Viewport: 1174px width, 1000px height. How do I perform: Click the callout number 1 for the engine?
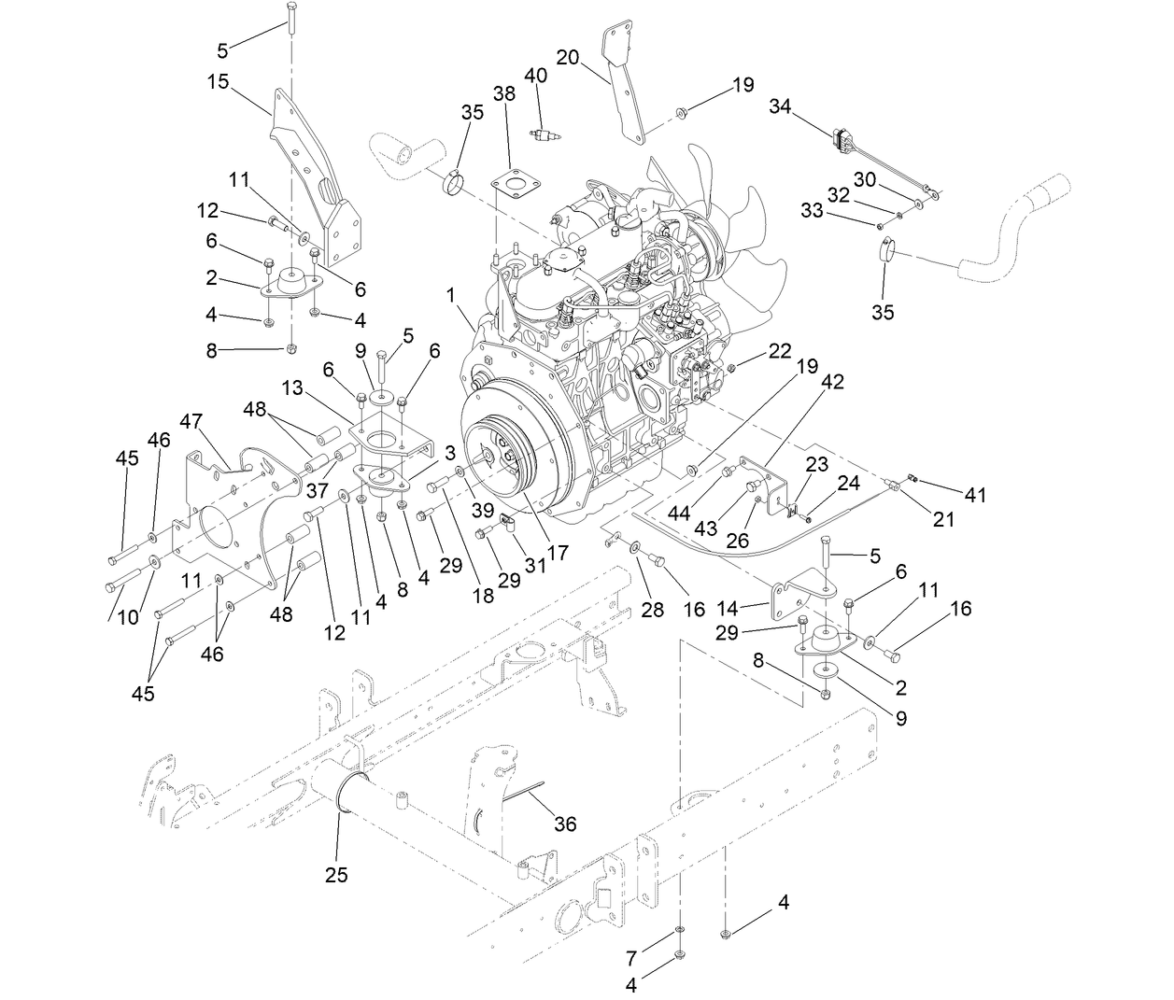pos(453,295)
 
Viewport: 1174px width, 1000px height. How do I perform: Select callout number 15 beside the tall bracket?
pos(218,81)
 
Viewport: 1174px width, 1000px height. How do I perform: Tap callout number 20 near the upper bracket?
pos(568,57)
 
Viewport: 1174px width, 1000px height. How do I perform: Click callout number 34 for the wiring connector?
pos(780,107)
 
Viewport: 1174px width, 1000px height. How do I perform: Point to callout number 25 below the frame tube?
pos(336,875)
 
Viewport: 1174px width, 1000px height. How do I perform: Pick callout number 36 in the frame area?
pos(565,824)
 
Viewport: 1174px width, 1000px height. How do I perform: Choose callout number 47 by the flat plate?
pos(191,421)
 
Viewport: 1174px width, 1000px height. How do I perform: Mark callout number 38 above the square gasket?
pos(504,93)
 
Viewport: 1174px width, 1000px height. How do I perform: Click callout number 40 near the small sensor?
pos(535,75)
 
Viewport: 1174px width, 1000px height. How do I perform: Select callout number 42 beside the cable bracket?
pos(832,382)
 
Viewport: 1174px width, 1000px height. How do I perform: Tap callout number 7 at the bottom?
pos(632,957)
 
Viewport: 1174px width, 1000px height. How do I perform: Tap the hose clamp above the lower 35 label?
pos(885,251)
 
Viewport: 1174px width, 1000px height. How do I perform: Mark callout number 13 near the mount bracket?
pos(293,387)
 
